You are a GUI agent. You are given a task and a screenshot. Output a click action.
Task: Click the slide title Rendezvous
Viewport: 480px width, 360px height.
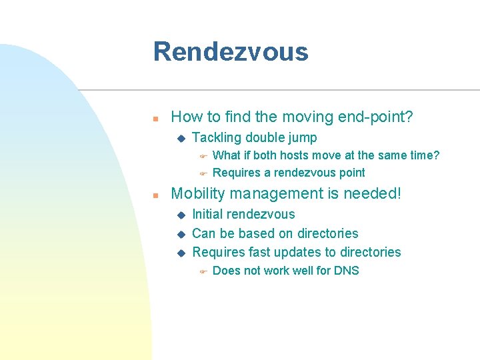click(231, 52)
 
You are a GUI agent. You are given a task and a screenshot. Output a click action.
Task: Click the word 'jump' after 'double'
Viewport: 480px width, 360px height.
click(303, 138)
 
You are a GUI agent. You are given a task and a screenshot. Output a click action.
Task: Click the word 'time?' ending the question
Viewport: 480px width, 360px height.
click(424, 155)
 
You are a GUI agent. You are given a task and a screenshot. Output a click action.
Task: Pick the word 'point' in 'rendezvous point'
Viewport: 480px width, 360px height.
click(351, 173)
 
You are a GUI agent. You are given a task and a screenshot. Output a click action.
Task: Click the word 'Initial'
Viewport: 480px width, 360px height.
click(207, 214)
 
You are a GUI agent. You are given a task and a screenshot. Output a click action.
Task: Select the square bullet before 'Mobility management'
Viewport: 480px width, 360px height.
click(155, 195)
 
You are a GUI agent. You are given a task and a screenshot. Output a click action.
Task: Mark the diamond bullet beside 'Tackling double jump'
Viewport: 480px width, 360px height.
click(179, 139)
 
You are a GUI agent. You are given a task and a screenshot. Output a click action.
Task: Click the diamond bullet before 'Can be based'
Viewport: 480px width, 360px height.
click(179, 234)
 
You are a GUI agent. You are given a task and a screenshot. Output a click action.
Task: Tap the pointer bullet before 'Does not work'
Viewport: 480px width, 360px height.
click(204, 271)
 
